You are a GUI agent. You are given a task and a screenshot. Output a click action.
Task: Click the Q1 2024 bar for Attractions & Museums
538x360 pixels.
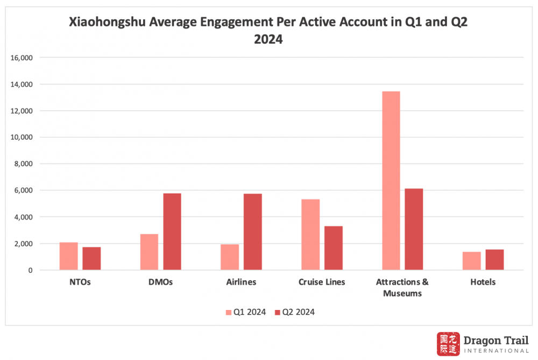(391, 181)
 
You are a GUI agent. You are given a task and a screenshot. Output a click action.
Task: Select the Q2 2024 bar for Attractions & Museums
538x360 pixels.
(414, 229)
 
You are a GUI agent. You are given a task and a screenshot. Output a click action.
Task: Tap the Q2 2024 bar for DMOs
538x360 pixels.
(172, 231)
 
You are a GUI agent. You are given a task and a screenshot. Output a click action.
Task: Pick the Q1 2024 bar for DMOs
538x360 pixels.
(149, 252)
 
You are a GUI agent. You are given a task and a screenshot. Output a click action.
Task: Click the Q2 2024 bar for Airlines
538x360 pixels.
(253, 232)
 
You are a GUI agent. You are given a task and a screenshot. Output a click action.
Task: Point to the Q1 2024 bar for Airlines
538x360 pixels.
(230, 257)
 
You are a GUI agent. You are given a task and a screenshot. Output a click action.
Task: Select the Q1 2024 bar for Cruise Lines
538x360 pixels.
(310, 235)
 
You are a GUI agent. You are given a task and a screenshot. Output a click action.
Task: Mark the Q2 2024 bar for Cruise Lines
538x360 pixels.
(333, 248)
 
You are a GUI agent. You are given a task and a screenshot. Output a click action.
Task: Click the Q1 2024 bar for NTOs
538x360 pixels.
(69, 256)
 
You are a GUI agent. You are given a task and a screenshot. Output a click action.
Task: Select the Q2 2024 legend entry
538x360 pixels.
(294, 312)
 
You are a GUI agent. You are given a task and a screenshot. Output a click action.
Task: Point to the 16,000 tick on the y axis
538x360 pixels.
(23, 58)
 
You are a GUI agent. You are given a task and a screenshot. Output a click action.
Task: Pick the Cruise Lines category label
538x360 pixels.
(322, 282)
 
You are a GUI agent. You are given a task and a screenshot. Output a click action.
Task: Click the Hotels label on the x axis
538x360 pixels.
(483, 282)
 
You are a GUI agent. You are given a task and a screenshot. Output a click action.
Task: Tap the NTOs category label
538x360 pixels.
(80, 282)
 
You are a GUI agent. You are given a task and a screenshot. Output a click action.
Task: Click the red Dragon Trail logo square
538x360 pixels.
(448, 343)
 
